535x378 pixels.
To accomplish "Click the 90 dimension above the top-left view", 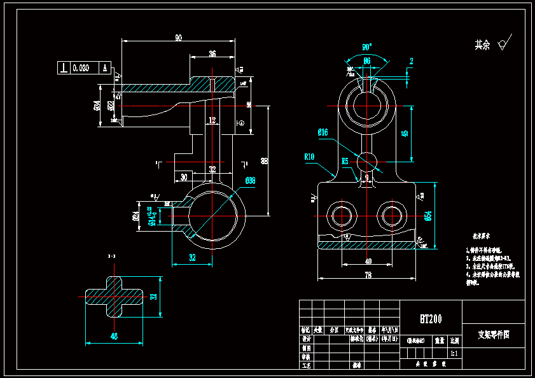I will point(178,38).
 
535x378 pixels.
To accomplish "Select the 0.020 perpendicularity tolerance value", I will point(81,67).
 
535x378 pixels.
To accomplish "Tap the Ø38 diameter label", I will point(250,181).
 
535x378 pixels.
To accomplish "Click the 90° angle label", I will point(367,47).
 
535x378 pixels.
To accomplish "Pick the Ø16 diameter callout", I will point(323,132).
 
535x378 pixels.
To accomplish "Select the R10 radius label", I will point(310,157).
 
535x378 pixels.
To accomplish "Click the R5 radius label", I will point(345,162).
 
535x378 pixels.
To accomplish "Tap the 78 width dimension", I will point(368,274).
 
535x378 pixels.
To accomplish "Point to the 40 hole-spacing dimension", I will point(368,261).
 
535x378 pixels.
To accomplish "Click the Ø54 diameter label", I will point(428,216).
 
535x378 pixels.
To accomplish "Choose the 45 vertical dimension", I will point(405,134).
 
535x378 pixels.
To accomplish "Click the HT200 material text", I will point(431,319).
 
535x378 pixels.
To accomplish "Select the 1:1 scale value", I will point(454,353).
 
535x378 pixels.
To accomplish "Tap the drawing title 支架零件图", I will point(494,333).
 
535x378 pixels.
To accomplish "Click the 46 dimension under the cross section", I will point(115,336).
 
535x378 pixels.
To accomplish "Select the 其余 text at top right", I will point(482,45).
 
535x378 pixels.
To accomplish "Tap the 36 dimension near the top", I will point(212,54).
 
